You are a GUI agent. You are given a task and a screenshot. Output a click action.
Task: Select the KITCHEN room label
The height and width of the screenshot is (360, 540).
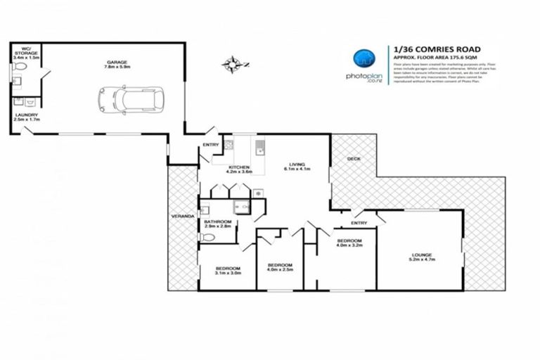click(238, 167)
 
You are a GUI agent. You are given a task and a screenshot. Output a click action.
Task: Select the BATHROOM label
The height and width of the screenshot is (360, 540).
click(217, 221)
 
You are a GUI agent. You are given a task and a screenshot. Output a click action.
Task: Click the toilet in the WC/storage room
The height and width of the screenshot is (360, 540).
click(20, 67)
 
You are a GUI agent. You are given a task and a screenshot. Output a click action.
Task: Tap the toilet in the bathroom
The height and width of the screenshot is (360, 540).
click(206, 238)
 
